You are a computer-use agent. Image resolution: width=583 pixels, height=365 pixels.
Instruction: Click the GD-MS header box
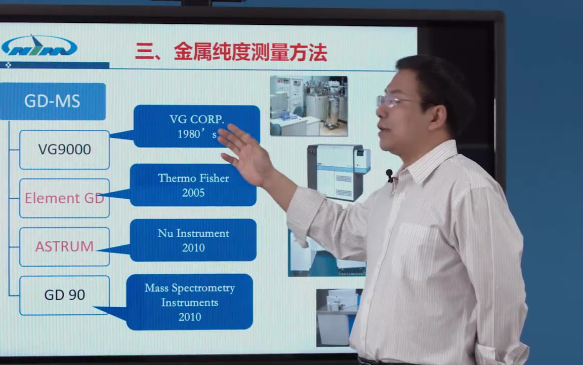[x=53, y=101]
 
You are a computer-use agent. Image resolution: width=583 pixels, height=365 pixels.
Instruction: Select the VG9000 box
[x=64, y=150]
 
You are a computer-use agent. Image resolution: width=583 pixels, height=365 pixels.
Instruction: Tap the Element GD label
[x=64, y=198]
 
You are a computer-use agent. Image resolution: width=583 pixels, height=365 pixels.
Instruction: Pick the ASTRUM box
[x=64, y=246]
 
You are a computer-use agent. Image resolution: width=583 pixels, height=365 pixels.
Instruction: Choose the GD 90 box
[x=64, y=295]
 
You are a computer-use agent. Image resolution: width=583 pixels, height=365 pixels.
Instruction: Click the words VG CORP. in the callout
[x=197, y=119]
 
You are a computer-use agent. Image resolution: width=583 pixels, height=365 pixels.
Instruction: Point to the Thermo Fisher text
[x=193, y=178]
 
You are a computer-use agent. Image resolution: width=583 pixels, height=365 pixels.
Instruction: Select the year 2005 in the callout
[x=193, y=193]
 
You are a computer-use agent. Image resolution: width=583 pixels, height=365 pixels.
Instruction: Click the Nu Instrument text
[x=193, y=233]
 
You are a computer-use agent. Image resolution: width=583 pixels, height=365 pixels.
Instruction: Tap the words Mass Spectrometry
[x=190, y=288]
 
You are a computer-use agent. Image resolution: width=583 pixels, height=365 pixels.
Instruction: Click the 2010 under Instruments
[x=190, y=317]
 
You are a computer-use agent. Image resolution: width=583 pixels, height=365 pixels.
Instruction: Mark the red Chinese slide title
[x=231, y=52]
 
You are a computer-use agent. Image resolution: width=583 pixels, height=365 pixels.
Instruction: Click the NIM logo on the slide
[x=39, y=46]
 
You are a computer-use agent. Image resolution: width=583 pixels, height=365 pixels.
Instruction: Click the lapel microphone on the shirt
[x=389, y=175]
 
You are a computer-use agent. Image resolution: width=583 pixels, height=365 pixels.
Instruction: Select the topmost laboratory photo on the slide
[x=309, y=106]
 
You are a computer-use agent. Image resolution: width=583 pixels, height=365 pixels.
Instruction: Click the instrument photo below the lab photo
[x=339, y=172]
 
